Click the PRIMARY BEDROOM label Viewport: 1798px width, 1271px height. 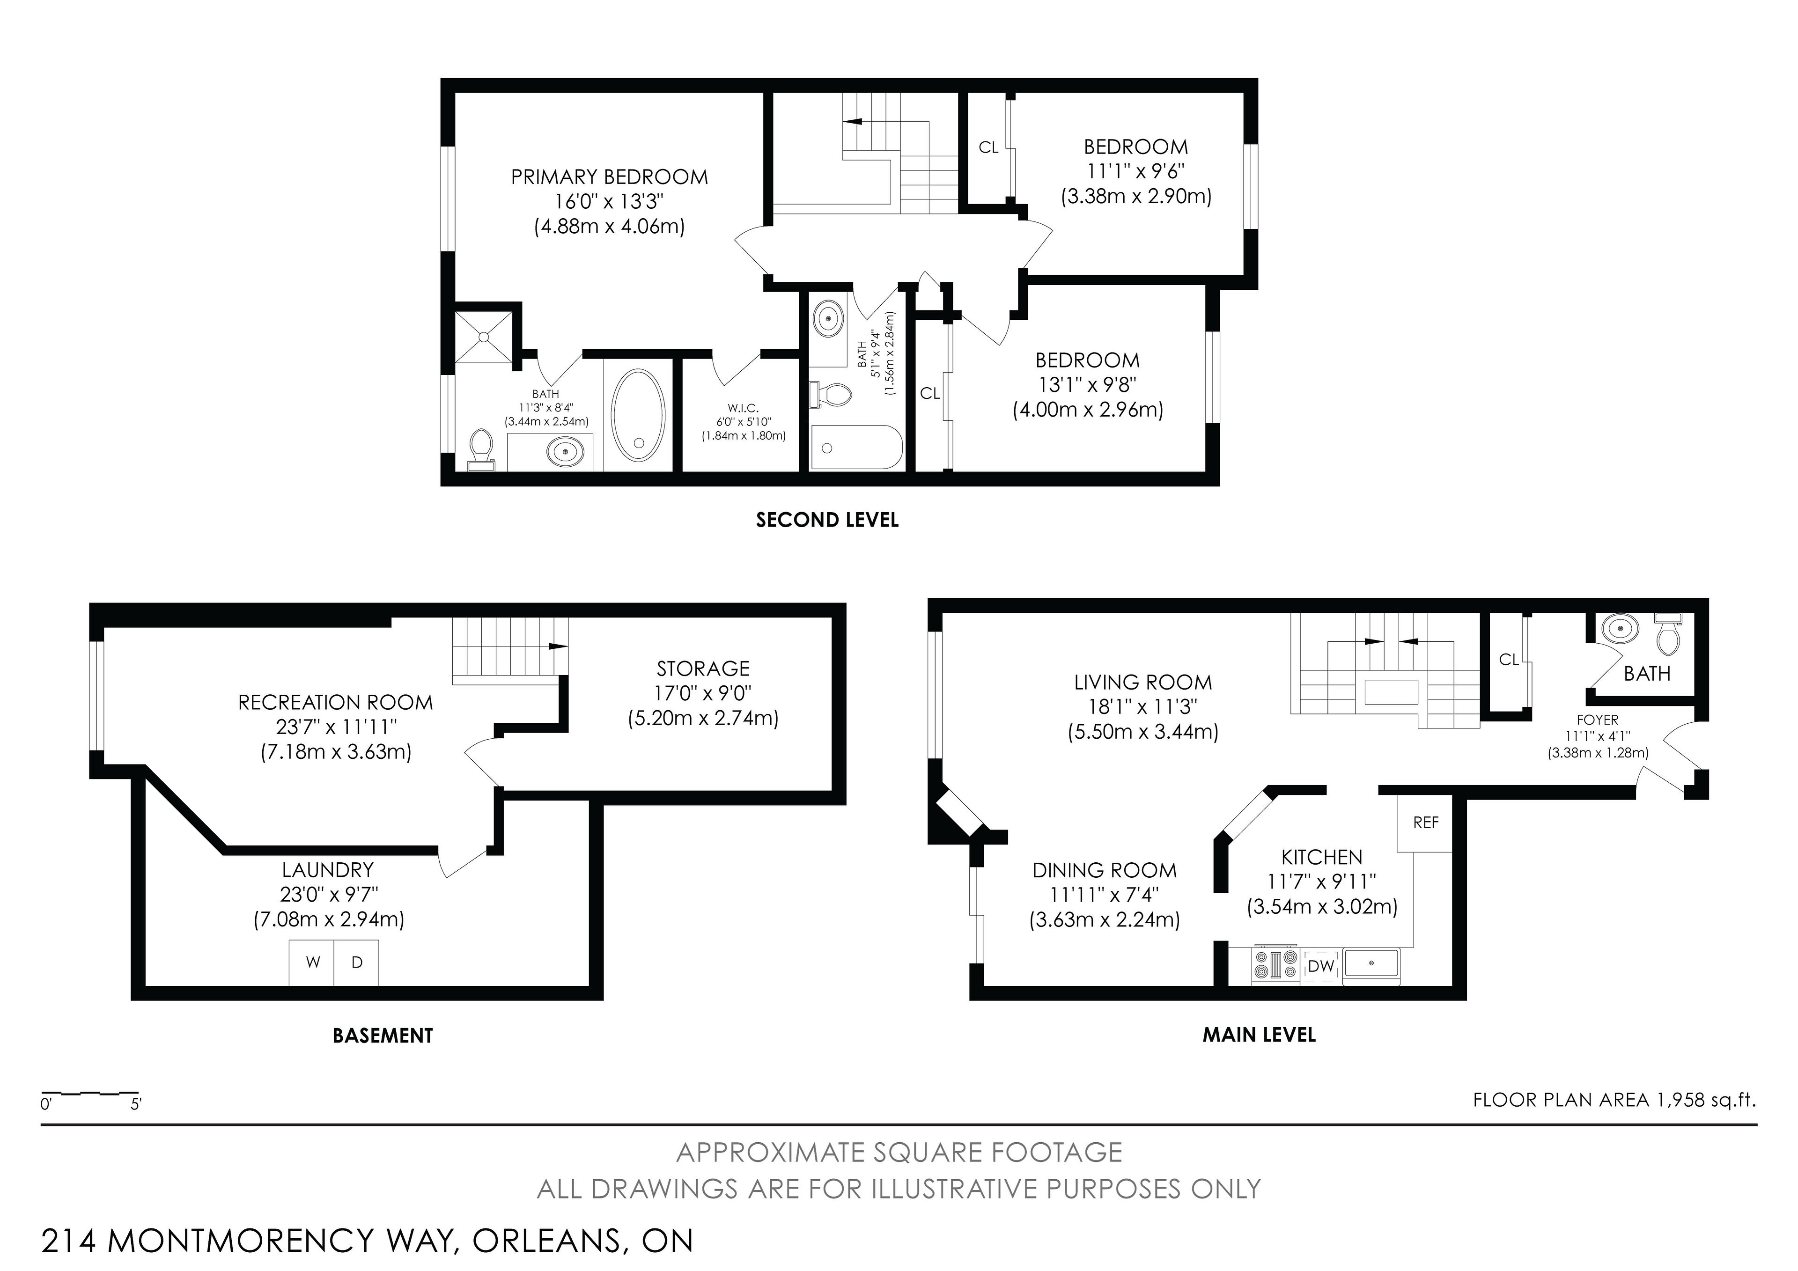click(x=609, y=177)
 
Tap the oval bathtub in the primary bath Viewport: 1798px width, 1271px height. click(x=638, y=416)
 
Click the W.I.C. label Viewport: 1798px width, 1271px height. click(x=743, y=408)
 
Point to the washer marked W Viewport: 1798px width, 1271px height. click(x=312, y=962)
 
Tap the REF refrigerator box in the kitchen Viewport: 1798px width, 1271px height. click(x=1425, y=823)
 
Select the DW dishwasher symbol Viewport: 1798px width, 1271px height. click(x=1320, y=966)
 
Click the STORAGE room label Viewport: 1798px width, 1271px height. click(x=703, y=669)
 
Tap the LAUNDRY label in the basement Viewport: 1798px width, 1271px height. click(x=327, y=870)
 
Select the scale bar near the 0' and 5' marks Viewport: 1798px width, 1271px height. click(x=89, y=1093)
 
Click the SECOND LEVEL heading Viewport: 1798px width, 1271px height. click(x=827, y=520)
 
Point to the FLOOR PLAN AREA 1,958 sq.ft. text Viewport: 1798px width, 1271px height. click(x=1614, y=1100)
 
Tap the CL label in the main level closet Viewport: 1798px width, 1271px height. click(x=1508, y=660)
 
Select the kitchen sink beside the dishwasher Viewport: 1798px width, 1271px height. click(x=1372, y=963)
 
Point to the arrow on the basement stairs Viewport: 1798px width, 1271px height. click(x=558, y=646)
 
